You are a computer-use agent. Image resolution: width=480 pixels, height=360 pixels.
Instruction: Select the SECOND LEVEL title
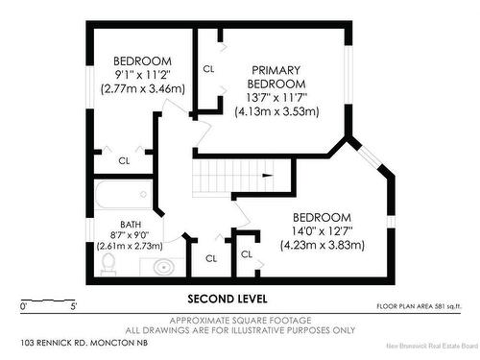tap(227, 298)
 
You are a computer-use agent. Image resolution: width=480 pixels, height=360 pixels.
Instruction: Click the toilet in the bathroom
tap(108, 261)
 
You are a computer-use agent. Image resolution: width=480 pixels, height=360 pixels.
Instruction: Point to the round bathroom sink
tap(164, 266)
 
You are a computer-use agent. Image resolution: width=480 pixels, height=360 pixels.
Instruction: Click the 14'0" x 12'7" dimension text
tap(322, 230)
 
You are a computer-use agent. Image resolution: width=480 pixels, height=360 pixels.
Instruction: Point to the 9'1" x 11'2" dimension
tap(142, 74)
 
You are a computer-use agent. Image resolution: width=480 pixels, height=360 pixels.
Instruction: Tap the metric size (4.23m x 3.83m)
tap(322, 245)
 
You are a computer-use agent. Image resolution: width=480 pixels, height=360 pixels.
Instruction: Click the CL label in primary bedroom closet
tap(208, 69)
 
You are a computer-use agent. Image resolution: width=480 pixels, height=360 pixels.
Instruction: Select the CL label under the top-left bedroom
tap(124, 160)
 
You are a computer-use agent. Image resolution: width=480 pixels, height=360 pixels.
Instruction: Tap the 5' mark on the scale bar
tap(74, 307)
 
